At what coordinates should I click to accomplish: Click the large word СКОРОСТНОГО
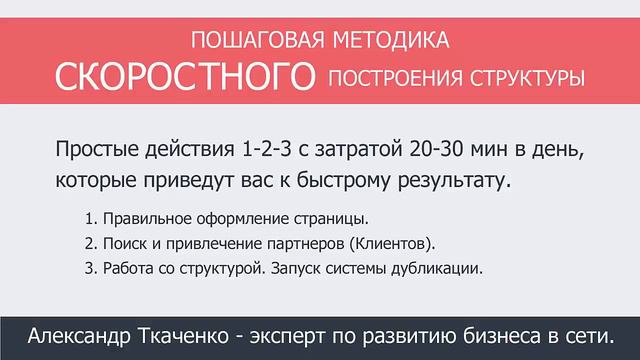point(183,76)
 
